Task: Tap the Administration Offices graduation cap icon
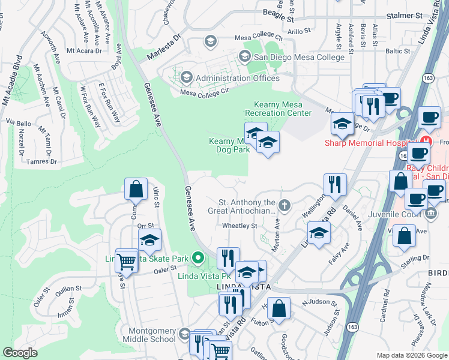(x=186, y=77)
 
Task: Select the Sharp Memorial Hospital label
(x=372, y=143)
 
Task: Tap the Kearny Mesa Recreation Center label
(x=279, y=109)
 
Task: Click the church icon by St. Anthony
(x=284, y=206)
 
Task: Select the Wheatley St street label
(x=240, y=226)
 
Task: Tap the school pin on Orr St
(x=149, y=239)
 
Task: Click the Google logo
(x=20, y=352)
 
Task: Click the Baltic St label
(x=398, y=52)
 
